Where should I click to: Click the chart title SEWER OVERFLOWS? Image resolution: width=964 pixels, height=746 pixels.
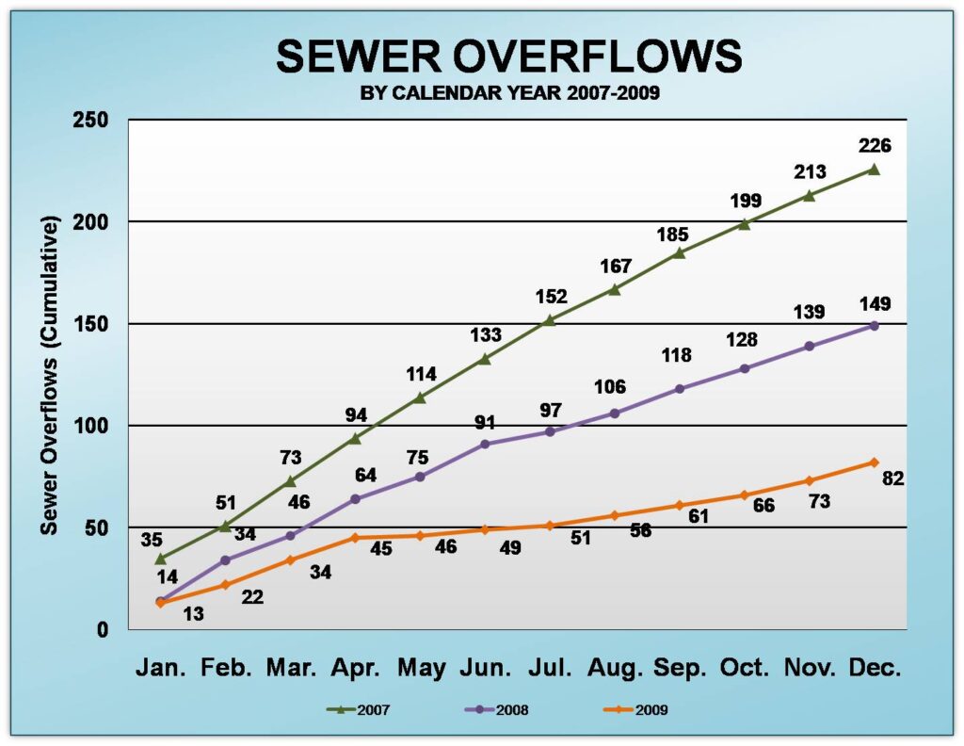509,57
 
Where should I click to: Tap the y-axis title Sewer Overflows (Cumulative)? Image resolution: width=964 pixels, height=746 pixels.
49,375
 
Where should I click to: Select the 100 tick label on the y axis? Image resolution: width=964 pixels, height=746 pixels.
92,426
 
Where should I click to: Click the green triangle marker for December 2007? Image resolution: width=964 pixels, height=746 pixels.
874,170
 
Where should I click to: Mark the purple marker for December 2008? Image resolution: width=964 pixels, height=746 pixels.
874,326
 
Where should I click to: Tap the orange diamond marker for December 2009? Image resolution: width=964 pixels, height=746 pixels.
874,462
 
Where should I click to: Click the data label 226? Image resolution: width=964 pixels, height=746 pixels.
875,146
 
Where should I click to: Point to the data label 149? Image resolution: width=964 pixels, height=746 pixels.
875,304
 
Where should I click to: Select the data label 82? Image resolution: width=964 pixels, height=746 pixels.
892,478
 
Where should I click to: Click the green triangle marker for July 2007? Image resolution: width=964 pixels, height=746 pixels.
549,320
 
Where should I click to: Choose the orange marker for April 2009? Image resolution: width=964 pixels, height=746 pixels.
355,538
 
